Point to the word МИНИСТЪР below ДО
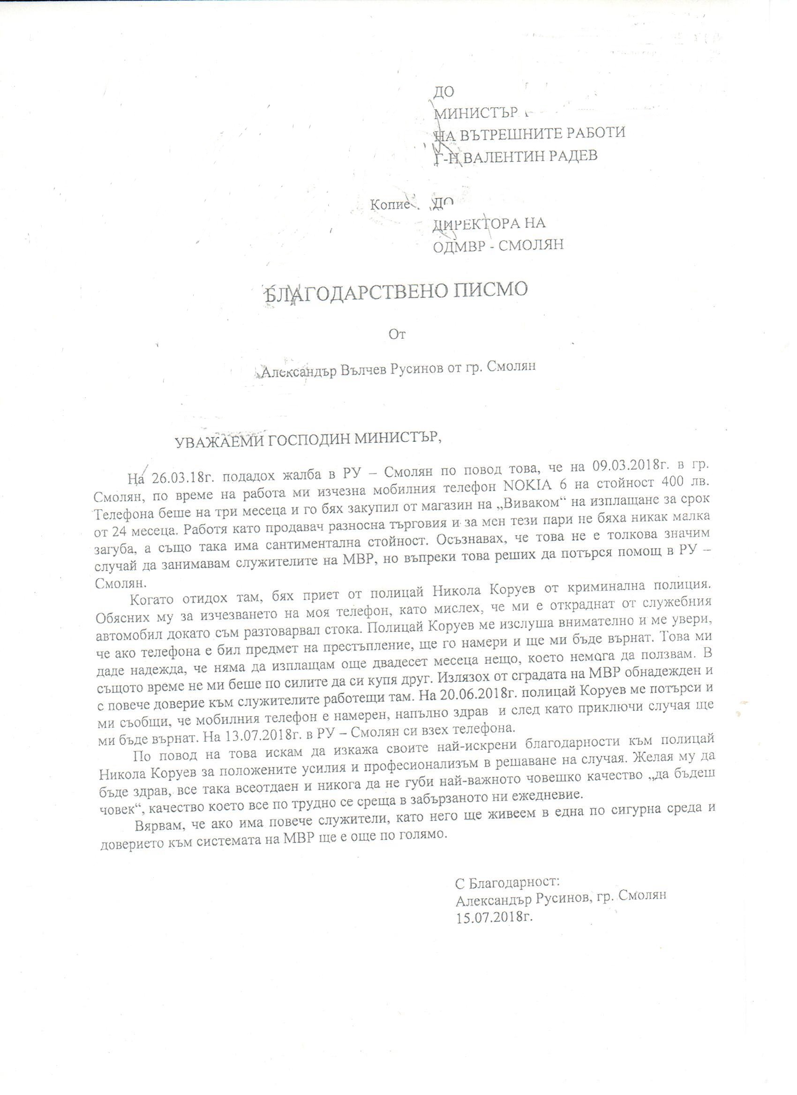tap(477, 113)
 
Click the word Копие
tap(390, 205)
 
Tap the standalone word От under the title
tap(397, 334)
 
